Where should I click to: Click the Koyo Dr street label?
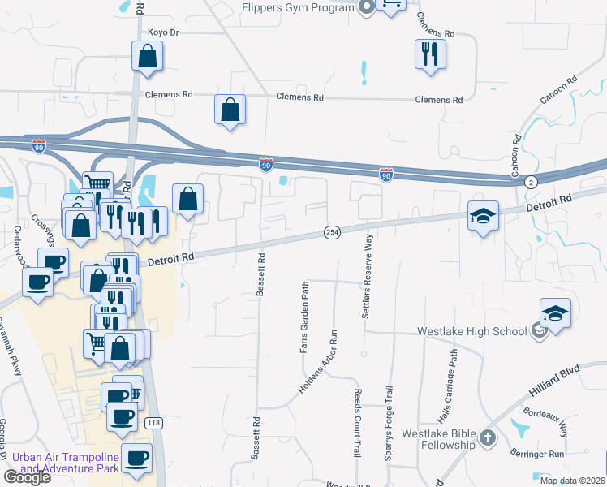coord(162,32)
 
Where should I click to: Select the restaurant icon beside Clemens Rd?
coord(429,54)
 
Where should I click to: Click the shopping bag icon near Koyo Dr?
coord(148,56)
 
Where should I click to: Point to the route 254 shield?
coord(333,231)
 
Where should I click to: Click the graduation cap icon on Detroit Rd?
coord(483,217)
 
